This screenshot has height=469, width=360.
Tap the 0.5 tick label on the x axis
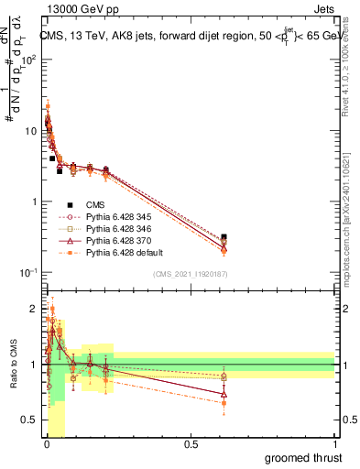click(x=191, y=444)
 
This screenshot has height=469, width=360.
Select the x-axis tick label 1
click(x=334, y=444)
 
